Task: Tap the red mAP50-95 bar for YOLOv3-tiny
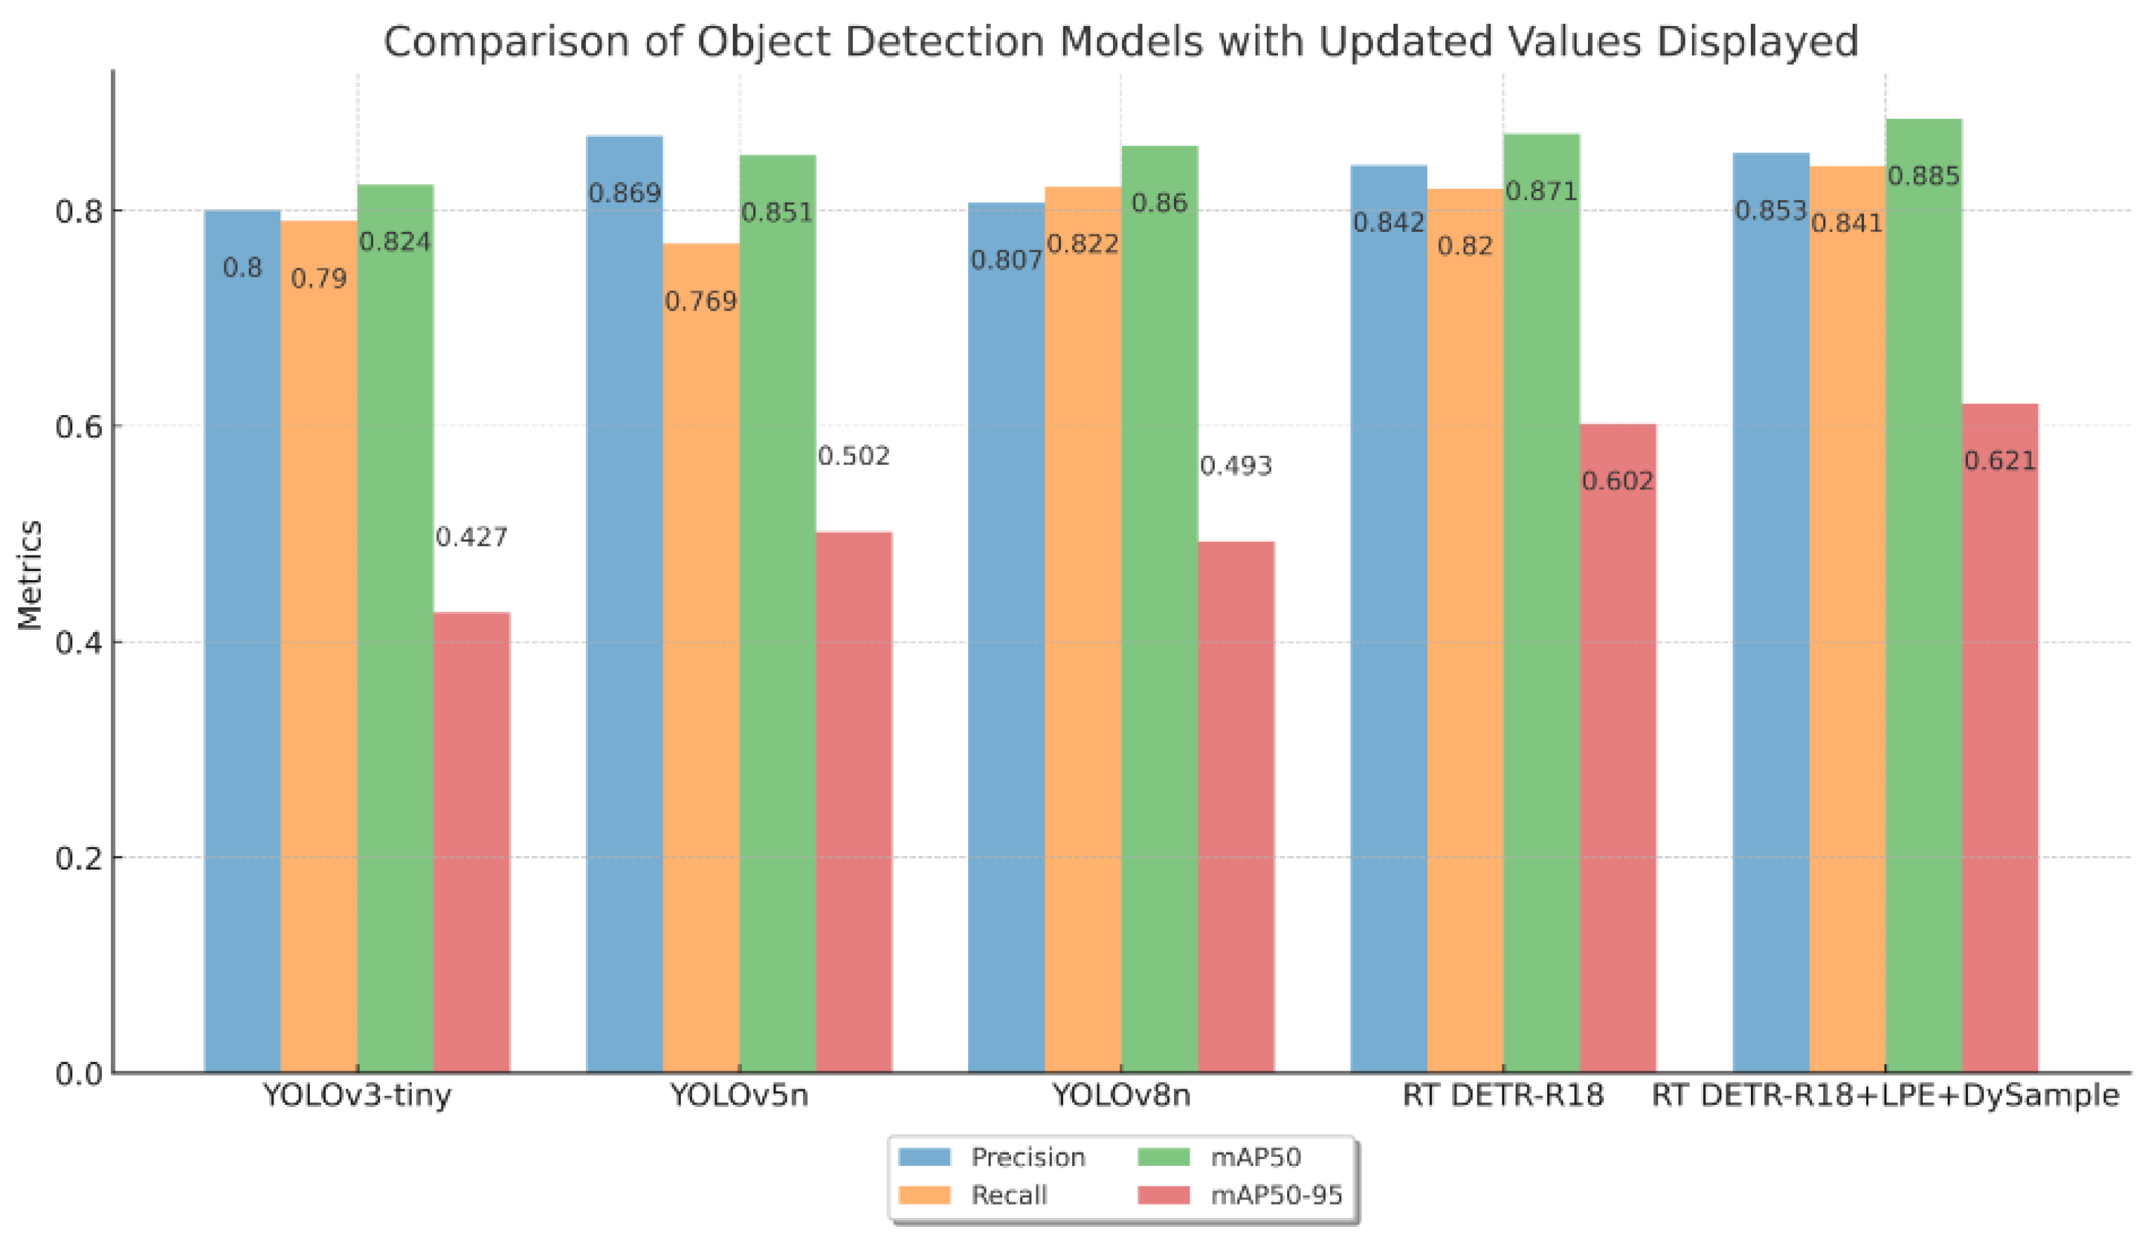tap(471, 842)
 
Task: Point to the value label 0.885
tap(1924, 176)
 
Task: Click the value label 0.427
tap(471, 537)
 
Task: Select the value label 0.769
tap(701, 301)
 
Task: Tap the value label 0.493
tap(1236, 466)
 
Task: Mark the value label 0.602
tap(1617, 482)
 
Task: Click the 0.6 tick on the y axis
tap(78, 426)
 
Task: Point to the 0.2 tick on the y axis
tap(78, 858)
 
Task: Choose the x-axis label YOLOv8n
tap(1121, 1094)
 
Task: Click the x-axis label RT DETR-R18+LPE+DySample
tap(1884, 1094)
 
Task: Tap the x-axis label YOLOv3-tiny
tap(357, 1094)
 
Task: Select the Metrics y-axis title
tap(30, 575)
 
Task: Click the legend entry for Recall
tap(1009, 1195)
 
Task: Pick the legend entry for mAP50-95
tap(1276, 1195)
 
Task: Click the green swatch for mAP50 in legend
tap(1163, 1158)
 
